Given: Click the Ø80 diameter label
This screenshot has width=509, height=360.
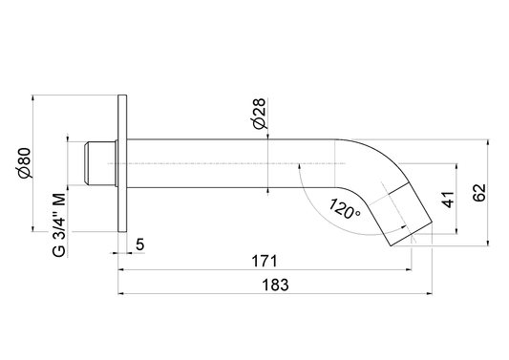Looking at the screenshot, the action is [x=25, y=163].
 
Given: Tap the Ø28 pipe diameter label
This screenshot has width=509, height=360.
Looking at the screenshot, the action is [x=259, y=114].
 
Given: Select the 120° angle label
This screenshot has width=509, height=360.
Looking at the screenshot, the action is [x=344, y=209].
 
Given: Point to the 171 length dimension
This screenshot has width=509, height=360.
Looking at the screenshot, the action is [x=265, y=262].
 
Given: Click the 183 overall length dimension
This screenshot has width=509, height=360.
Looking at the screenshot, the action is [x=275, y=285].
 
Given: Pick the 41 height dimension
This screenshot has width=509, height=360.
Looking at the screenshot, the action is [x=448, y=200].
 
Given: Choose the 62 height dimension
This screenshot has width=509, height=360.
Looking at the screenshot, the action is [x=479, y=193].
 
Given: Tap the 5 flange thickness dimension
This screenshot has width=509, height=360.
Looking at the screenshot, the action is [x=139, y=244].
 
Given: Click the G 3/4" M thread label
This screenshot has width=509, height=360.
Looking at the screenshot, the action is [x=59, y=224].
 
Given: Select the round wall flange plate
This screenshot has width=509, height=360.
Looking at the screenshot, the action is [x=122, y=163].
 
